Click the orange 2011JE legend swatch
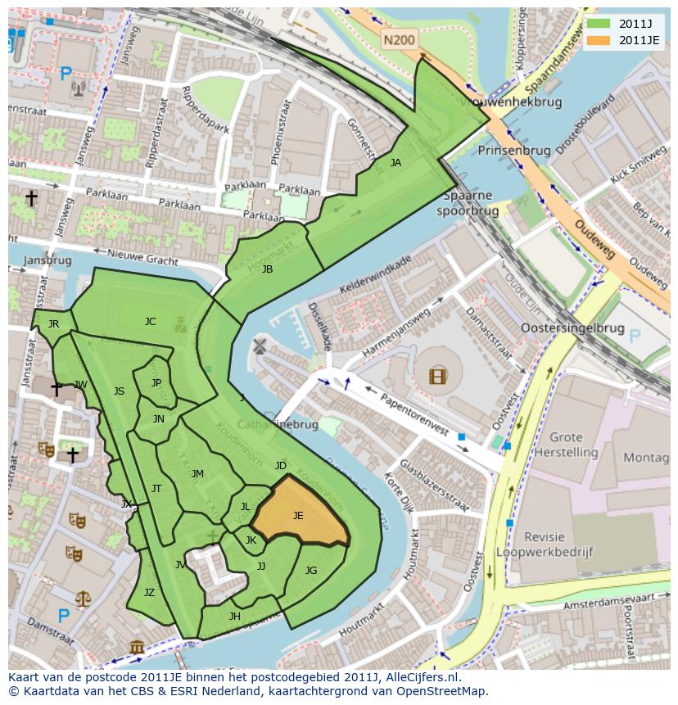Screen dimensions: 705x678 pyautogui.click(x=600, y=40)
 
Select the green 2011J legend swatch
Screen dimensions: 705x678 pyautogui.click(x=600, y=24)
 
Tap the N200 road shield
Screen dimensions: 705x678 pyautogui.click(x=400, y=38)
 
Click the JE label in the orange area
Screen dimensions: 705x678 pyautogui.click(x=298, y=516)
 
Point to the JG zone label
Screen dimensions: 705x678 pyautogui.click(x=311, y=571)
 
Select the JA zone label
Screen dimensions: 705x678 pyautogui.click(x=395, y=163)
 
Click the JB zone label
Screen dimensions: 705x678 pyautogui.click(x=267, y=269)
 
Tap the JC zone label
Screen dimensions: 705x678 pyautogui.click(x=150, y=322)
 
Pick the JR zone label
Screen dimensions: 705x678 pyautogui.click(x=53, y=324)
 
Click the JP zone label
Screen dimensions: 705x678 pyautogui.click(x=156, y=382)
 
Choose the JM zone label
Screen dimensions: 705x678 pyautogui.click(x=197, y=474)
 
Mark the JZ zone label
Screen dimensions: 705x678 pyautogui.click(x=149, y=593)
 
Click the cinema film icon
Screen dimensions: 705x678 pyautogui.click(x=438, y=377)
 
